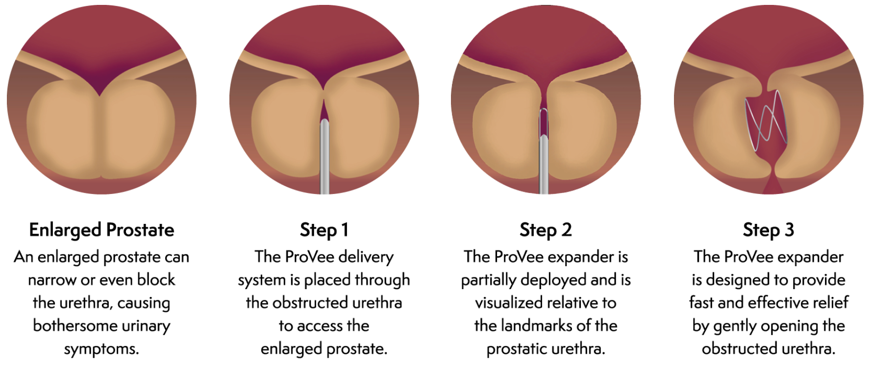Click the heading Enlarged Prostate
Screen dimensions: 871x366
[x=101, y=230]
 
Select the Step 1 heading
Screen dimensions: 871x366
[x=324, y=230]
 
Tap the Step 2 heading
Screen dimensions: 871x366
[x=546, y=230]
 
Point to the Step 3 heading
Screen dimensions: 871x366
[x=768, y=230]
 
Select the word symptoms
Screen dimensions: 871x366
[x=101, y=349]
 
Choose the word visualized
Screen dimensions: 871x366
[x=510, y=303]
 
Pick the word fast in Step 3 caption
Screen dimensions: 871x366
[x=701, y=302]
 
